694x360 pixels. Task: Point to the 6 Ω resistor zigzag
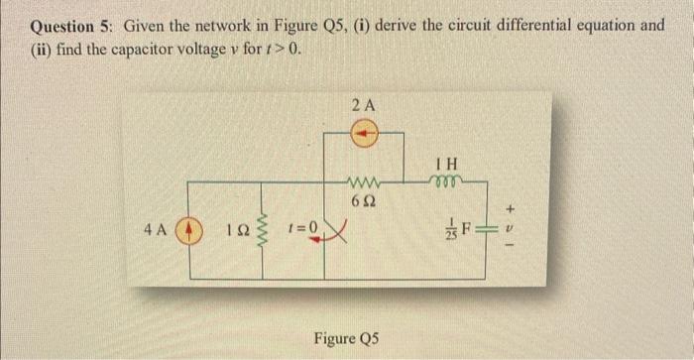pos(361,180)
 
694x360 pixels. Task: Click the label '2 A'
pos(363,104)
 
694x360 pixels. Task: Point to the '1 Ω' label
pos(229,227)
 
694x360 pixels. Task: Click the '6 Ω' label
pos(361,200)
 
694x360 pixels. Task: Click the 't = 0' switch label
pos(302,227)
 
